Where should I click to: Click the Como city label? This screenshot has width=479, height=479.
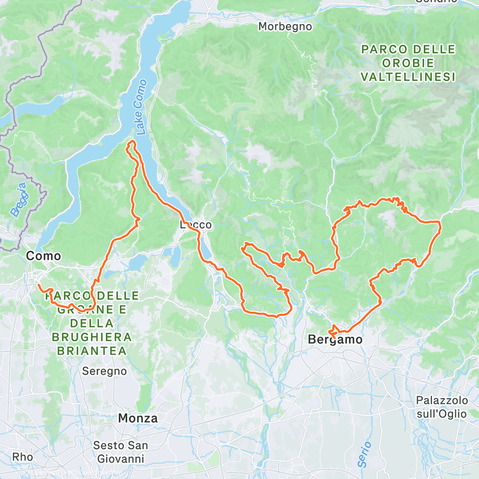pyautogui.click(x=44, y=256)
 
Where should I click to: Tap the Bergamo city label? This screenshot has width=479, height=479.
pyautogui.click(x=335, y=340)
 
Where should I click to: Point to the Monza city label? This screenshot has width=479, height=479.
pyautogui.click(x=137, y=418)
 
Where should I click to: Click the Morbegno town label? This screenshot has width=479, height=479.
pyautogui.click(x=285, y=26)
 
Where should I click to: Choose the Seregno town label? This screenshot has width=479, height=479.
pyautogui.click(x=104, y=371)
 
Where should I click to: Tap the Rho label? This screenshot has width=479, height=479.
pyautogui.click(x=23, y=457)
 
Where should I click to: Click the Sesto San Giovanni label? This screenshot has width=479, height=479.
pyautogui.click(x=121, y=452)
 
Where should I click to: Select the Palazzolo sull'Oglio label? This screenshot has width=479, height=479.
pyautogui.click(x=441, y=406)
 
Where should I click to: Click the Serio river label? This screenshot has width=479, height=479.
pyautogui.click(x=365, y=455)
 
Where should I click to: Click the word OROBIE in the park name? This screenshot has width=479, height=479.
pyautogui.click(x=408, y=63)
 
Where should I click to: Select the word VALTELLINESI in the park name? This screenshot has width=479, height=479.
pyautogui.click(x=408, y=77)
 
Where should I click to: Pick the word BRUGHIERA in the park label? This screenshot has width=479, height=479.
pyautogui.click(x=91, y=337)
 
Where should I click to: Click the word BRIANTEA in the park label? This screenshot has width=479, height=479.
pyautogui.click(x=91, y=351)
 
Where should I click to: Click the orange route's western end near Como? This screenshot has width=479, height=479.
pyautogui.click(x=38, y=285)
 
